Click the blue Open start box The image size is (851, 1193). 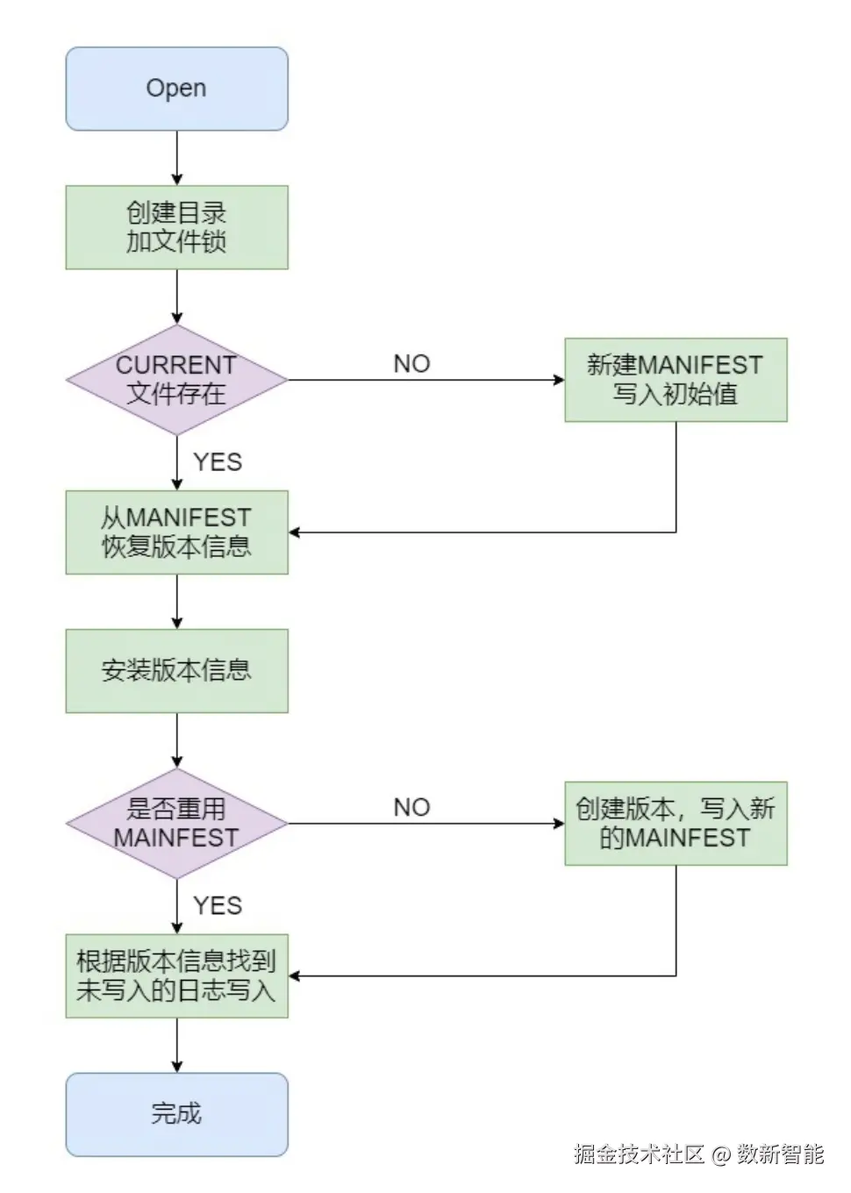[176, 89]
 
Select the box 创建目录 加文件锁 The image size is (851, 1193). [176, 227]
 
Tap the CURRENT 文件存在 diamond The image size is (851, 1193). [176, 380]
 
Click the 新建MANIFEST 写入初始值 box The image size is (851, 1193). [675, 380]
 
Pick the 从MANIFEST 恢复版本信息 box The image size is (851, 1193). [176, 532]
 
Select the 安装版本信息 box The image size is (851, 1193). [176, 671]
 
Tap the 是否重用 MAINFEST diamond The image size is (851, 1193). [176, 824]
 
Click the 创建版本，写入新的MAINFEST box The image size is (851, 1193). [675, 824]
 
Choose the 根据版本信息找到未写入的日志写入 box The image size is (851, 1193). [176, 975]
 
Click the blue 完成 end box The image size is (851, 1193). [176, 1114]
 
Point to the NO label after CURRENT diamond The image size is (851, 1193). [411, 364]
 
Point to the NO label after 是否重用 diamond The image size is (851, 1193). [411, 808]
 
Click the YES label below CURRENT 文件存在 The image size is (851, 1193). [218, 462]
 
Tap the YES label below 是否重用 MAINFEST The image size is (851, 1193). [218, 906]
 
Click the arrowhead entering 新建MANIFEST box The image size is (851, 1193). [559, 380]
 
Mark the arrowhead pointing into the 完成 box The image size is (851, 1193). [177, 1067]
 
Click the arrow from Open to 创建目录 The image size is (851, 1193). [177, 158]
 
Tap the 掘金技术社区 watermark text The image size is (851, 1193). [639, 1154]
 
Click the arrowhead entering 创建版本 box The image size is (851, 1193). [559, 824]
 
